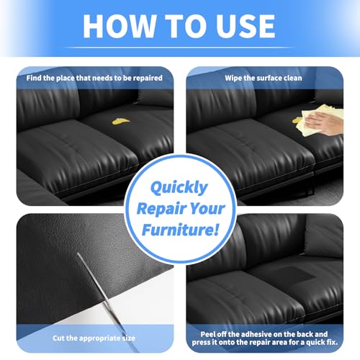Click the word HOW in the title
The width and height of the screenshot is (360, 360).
coord(119,26)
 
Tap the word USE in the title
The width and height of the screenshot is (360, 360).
coord(246,26)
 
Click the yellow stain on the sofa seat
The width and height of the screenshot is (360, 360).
coord(121,122)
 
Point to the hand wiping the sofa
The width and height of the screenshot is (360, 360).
coord(323,123)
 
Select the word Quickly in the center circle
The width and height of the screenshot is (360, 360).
coord(179,188)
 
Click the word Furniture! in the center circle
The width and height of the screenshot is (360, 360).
coord(180,230)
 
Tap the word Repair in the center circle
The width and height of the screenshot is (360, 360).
coord(158,209)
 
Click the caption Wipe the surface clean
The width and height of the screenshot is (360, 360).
coord(264,78)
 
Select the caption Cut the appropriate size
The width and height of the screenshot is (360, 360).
coord(94,338)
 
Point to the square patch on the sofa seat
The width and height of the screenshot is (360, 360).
coord(294,274)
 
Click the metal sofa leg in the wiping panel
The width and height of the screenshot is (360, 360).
coord(310,185)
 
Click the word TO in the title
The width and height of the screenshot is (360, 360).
coord(186,26)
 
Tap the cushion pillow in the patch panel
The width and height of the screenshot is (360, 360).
coord(324,236)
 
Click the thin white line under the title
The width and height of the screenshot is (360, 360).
coord(179,48)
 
